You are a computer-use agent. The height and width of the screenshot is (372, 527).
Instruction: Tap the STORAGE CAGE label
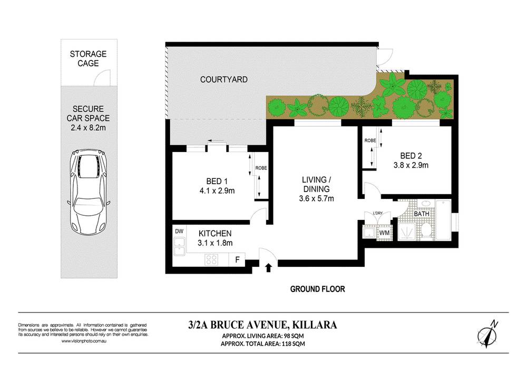point(89,58)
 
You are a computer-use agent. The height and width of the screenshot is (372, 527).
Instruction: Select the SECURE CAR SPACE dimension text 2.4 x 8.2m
point(89,128)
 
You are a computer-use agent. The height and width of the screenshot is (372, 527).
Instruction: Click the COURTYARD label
point(217,79)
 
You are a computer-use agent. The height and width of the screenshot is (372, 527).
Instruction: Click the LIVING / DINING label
point(316,184)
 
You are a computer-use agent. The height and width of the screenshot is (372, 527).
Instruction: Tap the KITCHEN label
point(215,233)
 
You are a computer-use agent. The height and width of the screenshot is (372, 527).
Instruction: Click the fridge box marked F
point(238,259)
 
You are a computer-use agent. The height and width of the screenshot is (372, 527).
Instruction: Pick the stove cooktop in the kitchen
point(212,259)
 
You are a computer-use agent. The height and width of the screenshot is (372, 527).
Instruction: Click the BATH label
point(422,214)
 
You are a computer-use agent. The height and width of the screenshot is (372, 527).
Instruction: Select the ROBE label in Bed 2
point(369,141)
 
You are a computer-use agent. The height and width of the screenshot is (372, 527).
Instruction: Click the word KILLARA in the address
point(307,325)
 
